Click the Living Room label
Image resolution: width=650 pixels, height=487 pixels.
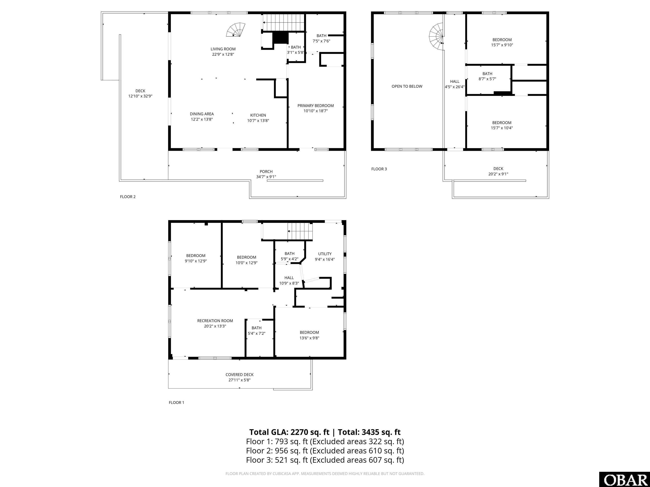223,49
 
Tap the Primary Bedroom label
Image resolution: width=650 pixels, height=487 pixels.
316,106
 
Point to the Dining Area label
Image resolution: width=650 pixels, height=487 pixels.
202,114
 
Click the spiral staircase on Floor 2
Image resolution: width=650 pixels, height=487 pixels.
236,30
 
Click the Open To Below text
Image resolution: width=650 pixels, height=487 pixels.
407,86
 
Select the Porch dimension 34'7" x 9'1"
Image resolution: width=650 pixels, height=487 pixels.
266,177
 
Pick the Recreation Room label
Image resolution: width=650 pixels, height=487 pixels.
215,321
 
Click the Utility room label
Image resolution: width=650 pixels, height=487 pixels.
325,254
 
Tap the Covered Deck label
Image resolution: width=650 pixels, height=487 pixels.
240,375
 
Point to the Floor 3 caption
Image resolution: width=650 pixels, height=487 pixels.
379,169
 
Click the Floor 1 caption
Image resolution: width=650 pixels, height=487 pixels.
176,402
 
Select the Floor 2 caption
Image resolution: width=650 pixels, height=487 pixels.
128,197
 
